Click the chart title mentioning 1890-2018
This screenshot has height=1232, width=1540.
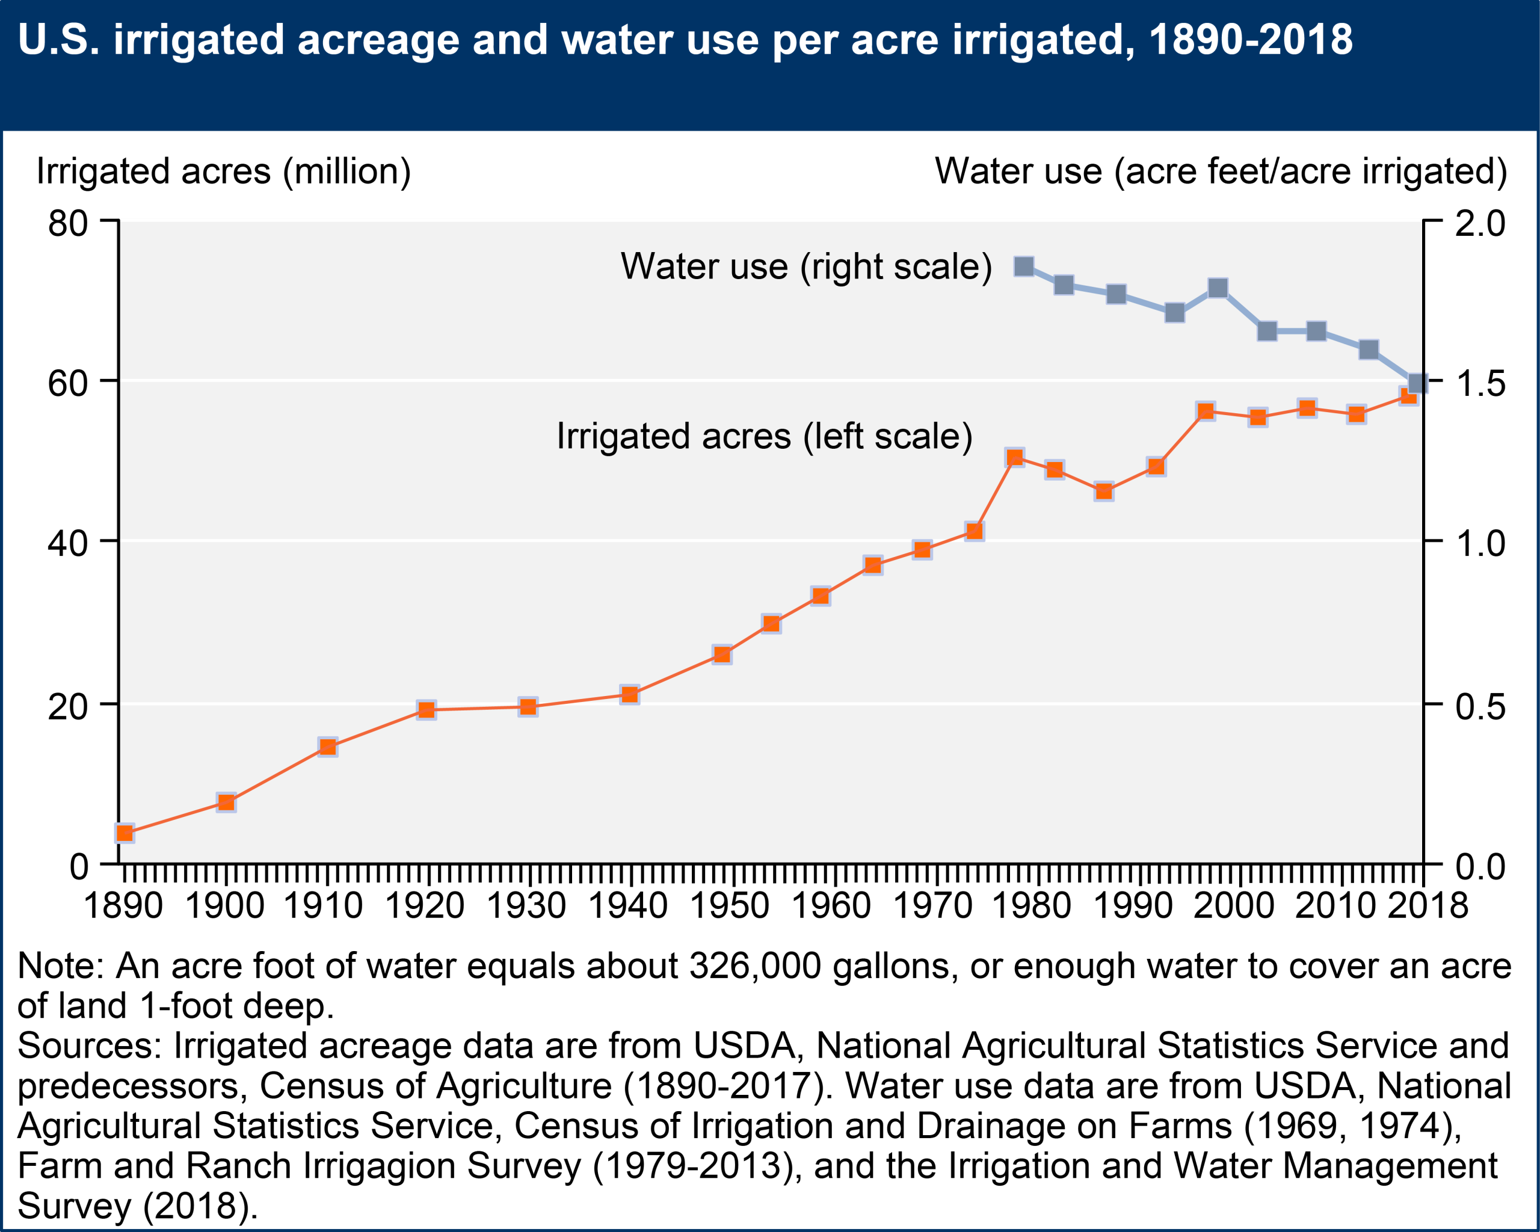685,39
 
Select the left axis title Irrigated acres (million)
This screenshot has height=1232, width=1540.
224,171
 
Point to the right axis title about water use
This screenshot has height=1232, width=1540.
1221,171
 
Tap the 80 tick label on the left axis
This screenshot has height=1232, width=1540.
68,224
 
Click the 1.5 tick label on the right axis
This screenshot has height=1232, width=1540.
1480,384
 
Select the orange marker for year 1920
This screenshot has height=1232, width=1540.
427,710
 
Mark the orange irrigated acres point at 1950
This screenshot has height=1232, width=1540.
722,655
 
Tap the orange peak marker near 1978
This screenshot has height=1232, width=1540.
1014,458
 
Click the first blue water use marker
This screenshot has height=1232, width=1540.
1024,266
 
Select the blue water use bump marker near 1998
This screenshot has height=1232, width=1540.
1218,288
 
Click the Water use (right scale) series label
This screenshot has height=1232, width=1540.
805,266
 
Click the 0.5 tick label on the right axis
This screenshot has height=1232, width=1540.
1480,706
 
